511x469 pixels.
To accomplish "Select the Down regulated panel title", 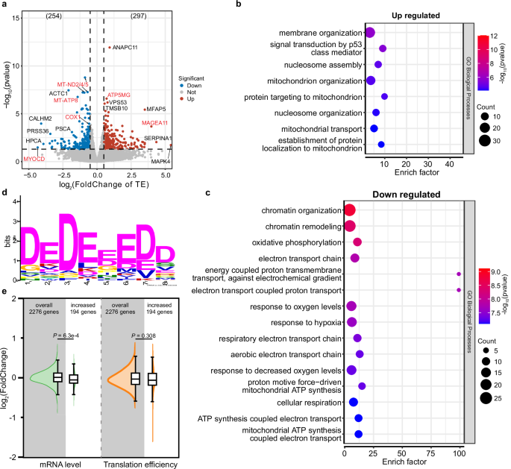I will click(x=399, y=194).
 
